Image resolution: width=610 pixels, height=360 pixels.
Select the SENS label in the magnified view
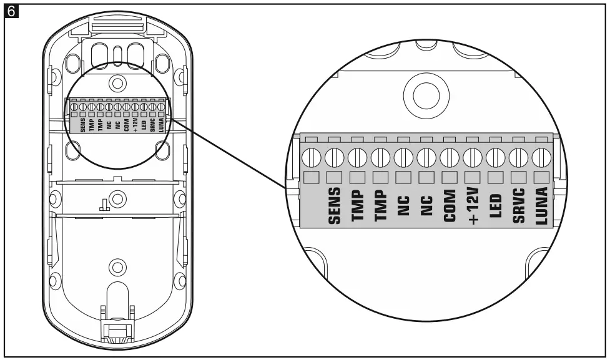334,207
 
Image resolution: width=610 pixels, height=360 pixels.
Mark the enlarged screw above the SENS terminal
335,155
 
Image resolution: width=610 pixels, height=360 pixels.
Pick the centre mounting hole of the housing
116,200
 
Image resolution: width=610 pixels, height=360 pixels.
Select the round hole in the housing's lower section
116,267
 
